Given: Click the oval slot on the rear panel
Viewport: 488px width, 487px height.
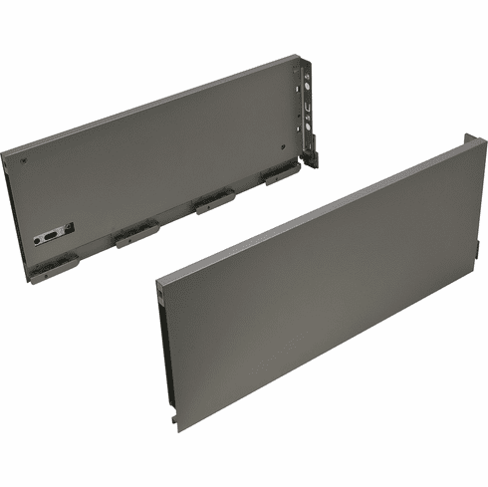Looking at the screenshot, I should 45,239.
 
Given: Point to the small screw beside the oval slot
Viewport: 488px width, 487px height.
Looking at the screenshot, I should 69,228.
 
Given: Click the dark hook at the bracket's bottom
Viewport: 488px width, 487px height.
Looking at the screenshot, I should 312,158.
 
